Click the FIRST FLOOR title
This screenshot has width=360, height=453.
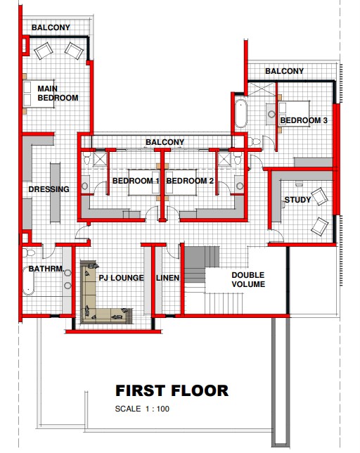(172, 390)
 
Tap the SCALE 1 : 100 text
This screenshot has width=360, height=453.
(142, 409)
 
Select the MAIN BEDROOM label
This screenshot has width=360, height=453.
(58, 93)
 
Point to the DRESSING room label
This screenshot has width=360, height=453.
(49, 189)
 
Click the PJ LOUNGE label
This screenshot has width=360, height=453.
(121, 278)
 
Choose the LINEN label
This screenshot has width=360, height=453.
(168, 278)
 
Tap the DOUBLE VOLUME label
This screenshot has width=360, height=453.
(248, 279)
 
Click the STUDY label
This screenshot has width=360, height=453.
(297, 200)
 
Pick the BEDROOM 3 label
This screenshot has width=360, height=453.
(304, 120)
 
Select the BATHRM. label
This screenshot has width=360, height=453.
(46, 269)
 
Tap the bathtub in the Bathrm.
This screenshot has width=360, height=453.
(28, 281)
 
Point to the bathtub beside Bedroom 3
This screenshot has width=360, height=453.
(240, 113)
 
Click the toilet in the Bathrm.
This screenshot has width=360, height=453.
(28, 253)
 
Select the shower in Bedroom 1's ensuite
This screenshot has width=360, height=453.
(100, 159)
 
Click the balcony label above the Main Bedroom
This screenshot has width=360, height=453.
(51, 27)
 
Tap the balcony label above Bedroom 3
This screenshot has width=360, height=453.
(284, 71)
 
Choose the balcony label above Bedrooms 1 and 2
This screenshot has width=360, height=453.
(165, 142)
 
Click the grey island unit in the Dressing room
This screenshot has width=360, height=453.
(55, 193)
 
